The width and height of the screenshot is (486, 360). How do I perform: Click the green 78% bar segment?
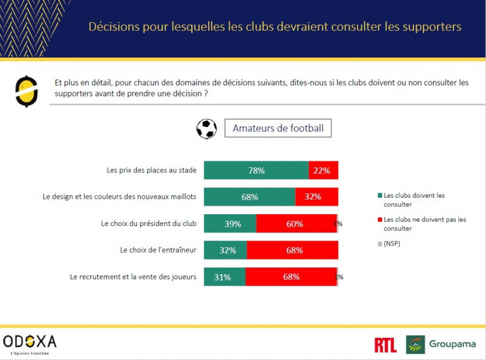[x=256, y=171]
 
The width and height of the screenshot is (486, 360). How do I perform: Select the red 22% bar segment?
[x=323, y=171]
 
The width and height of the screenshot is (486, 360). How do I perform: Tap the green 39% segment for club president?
[x=230, y=224]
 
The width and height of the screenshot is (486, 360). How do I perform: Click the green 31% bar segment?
[x=224, y=277]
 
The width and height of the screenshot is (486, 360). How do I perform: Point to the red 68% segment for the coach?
[x=292, y=250]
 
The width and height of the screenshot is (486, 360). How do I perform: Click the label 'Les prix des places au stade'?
[x=151, y=170]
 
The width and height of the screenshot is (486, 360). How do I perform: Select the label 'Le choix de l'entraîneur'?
[x=158, y=249]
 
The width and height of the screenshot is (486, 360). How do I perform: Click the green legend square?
[x=380, y=196]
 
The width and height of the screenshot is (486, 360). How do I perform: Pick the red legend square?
[x=380, y=220]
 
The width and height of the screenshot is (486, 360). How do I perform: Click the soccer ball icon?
[x=206, y=128]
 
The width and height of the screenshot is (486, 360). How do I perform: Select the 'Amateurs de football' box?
[x=278, y=128]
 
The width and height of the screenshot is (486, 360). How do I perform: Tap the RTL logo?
[x=385, y=345]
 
